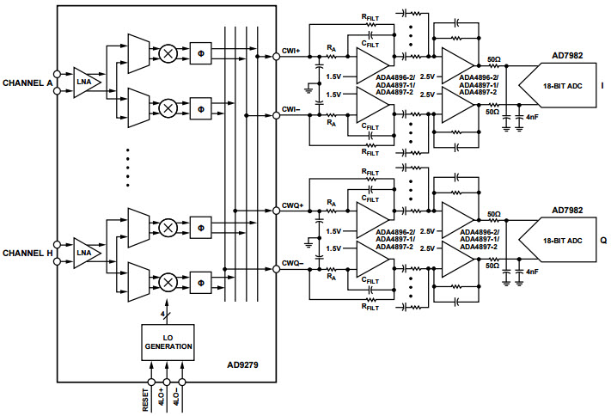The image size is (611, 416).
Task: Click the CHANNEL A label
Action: [29, 83]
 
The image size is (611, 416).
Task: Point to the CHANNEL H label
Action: [29, 254]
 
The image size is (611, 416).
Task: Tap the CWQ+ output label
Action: [291, 207]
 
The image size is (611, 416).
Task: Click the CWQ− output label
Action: [291, 264]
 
